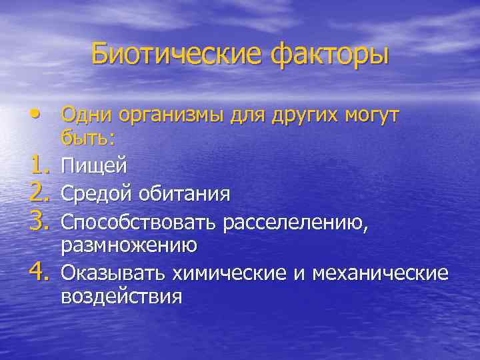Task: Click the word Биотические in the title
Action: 176,53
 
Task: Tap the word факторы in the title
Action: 329,53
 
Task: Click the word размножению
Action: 129,245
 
